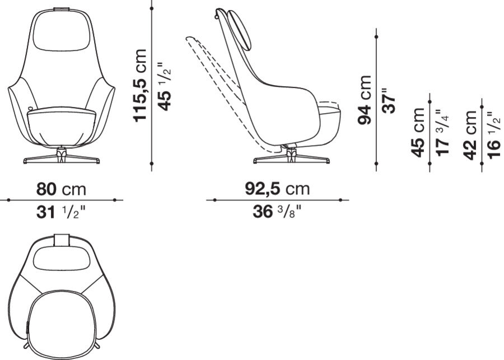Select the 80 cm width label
point(62,189)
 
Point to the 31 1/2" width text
point(62,212)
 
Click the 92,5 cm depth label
point(277,189)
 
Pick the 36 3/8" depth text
point(277,212)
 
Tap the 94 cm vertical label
point(365,101)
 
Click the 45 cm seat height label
point(417,133)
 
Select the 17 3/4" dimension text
point(442,132)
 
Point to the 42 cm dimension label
point(470,134)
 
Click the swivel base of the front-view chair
point(62,157)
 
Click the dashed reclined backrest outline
point(216,73)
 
